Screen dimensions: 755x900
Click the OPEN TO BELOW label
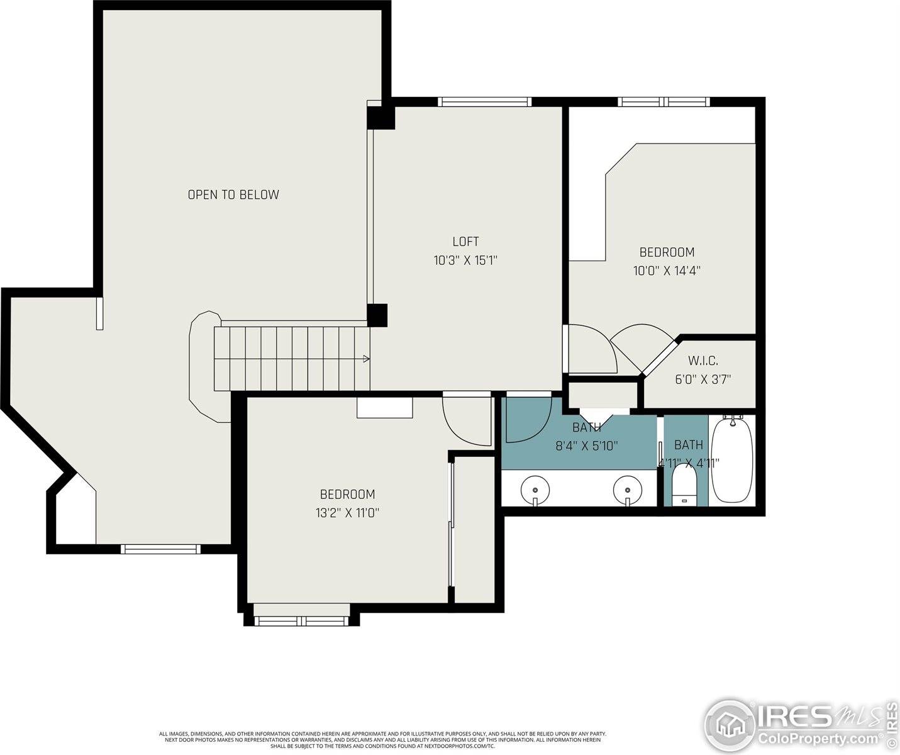tap(233, 195)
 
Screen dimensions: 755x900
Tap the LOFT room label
tap(465, 242)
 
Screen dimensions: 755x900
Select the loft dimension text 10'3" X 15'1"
tap(465, 260)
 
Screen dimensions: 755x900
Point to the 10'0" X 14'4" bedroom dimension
tap(667, 271)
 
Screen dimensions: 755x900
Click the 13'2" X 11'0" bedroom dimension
tap(347, 513)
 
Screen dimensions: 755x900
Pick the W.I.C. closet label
tap(703, 361)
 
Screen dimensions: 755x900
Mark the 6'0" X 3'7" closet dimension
tap(703, 379)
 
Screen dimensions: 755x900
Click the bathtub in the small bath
tap(731, 459)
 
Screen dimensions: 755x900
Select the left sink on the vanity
tap(535, 488)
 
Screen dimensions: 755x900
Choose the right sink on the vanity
tap(627, 488)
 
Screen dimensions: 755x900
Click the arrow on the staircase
tap(365, 359)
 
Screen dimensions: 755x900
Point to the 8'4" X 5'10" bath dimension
tap(586, 446)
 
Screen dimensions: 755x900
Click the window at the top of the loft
tap(484, 102)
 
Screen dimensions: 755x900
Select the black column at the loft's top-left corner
tap(381, 118)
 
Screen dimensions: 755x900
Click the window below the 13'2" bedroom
tap(302, 621)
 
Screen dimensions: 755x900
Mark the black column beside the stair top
tap(377, 315)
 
